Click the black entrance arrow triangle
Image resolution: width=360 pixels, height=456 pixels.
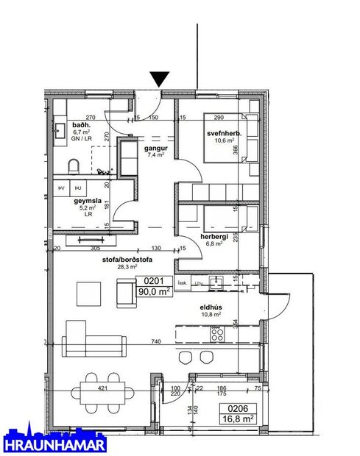pyautogui.click(x=159, y=79)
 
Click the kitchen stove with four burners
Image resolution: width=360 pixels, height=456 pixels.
pyautogui.click(x=218, y=333)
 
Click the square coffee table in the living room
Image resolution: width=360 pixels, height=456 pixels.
pyautogui.click(x=93, y=294)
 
